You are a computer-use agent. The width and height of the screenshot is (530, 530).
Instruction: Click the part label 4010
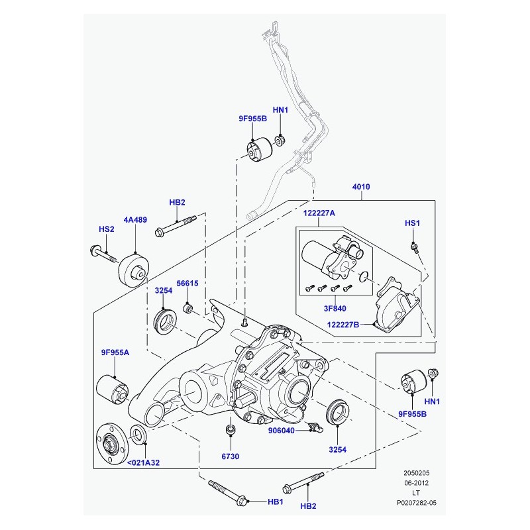point(361,187)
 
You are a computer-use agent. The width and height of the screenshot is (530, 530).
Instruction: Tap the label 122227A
point(319,213)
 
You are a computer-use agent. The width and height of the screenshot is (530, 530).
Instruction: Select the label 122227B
point(343,325)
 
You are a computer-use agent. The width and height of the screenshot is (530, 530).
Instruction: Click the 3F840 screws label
point(335,308)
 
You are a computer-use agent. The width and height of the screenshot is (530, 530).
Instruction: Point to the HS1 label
point(412,223)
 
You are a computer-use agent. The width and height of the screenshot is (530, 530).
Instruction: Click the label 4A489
point(135,220)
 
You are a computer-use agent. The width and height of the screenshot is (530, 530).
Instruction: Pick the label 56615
point(187,284)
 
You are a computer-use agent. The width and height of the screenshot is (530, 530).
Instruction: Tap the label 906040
point(281,431)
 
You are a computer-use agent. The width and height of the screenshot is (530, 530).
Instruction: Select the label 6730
point(230,456)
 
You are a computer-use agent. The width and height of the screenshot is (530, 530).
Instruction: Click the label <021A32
point(143,462)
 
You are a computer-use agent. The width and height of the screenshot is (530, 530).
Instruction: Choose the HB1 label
point(275,502)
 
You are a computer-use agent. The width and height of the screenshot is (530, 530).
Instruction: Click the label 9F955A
point(115,352)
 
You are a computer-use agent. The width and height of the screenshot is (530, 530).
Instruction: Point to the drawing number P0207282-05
point(417,503)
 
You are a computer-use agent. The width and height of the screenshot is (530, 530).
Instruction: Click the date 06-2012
point(417,483)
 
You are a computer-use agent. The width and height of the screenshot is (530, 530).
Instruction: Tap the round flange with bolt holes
point(112,443)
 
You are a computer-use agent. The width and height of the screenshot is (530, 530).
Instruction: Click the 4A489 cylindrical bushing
point(134,271)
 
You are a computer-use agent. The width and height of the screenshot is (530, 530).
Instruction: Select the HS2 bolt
point(103,254)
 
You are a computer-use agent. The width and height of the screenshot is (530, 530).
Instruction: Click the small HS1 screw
point(415,248)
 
